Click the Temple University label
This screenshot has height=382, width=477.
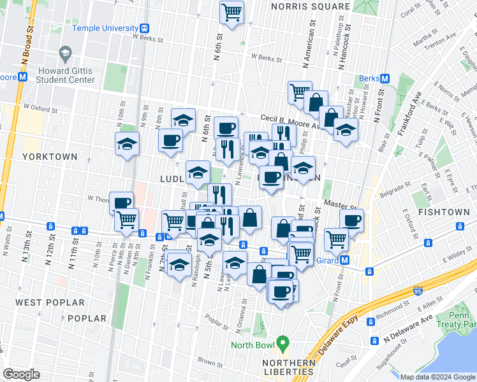pos(105,28)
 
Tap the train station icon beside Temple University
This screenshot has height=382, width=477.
pos(145,28)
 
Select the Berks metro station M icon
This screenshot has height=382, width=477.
pos(385,78)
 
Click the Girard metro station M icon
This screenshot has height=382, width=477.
pos(345,260)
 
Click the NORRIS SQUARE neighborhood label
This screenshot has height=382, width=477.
pos(310,7)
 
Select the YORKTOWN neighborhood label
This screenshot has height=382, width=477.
pos(50,157)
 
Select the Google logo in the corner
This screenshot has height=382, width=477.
pos(21,374)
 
